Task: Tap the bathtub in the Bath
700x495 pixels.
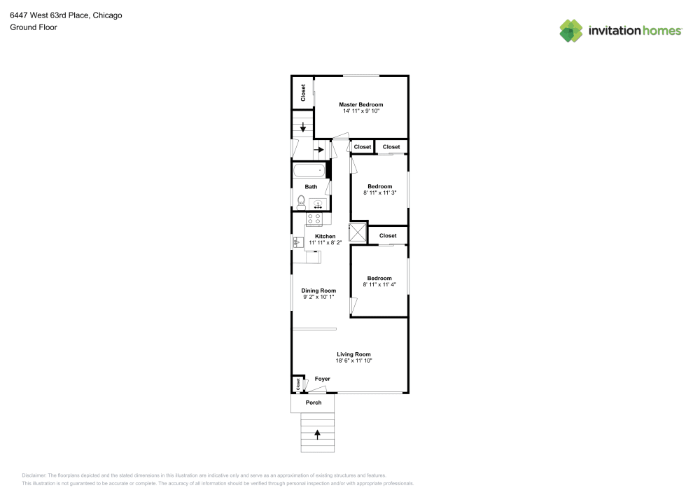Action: click(x=309, y=169)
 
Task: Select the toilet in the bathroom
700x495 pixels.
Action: click(x=300, y=203)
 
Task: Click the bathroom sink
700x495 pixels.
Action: click(x=318, y=204)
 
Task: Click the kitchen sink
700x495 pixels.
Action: click(x=297, y=242)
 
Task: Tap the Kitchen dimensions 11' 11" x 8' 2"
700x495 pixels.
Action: click(x=325, y=242)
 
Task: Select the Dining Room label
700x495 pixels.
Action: click(x=318, y=291)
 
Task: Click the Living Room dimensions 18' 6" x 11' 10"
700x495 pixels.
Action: click(x=353, y=361)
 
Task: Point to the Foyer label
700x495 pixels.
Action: click(x=322, y=379)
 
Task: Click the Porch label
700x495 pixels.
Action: click(x=314, y=403)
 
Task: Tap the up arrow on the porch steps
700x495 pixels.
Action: click(x=318, y=433)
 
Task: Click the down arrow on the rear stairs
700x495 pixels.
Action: click(x=302, y=127)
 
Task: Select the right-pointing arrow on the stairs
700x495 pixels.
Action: click(x=318, y=149)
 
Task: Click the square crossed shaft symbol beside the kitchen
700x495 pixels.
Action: click(x=358, y=232)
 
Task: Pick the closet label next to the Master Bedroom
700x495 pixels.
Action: click(x=303, y=93)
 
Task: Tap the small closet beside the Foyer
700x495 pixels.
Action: click(x=297, y=384)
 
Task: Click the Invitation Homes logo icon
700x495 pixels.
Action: click(x=571, y=30)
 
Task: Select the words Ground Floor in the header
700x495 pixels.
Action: click(x=34, y=27)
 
